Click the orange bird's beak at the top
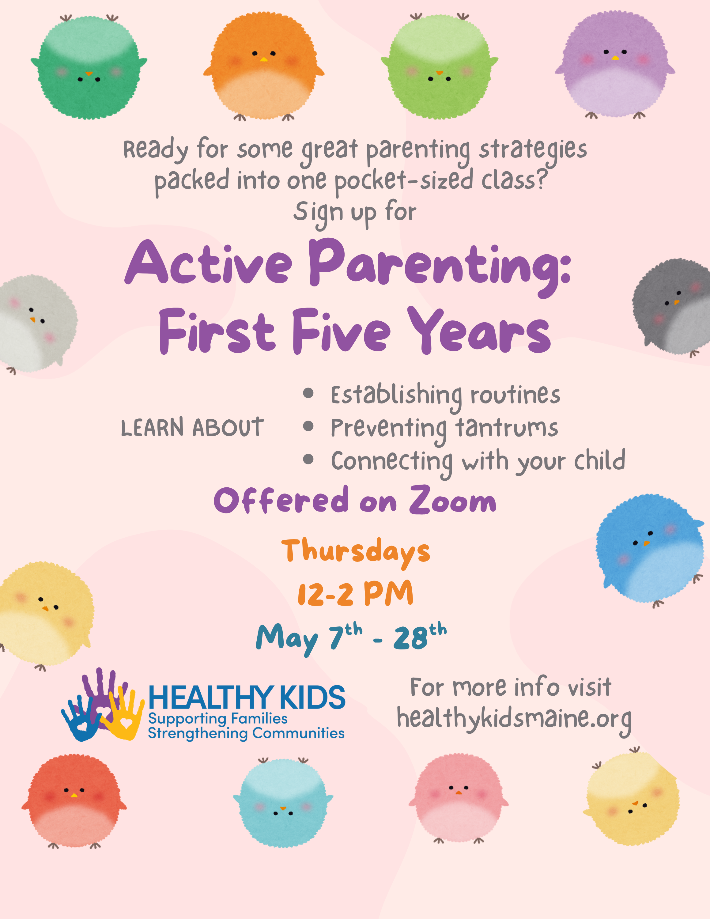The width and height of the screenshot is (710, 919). pyautogui.click(x=264, y=60)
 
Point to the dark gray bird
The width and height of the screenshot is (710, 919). pyautogui.click(x=672, y=307)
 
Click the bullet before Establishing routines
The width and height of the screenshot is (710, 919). pyautogui.click(x=308, y=393)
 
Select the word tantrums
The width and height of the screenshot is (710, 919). pyautogui.click(x=507, y=428)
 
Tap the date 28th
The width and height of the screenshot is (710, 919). pyautogui.click(x=419, y=637)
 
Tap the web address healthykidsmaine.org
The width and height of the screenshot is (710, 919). pyautogui.click(x=514, y=719)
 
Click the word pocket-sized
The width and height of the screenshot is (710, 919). pyautogui.click(x=403, y=180)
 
